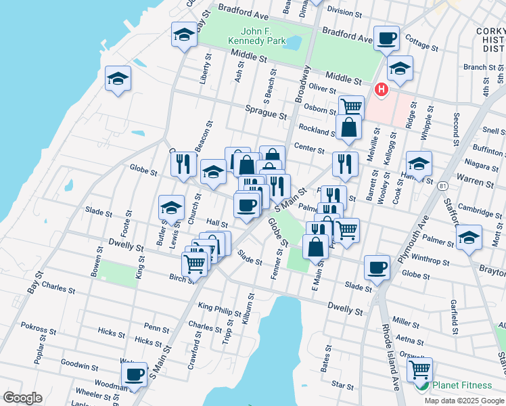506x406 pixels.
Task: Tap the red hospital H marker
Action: click(x=382, y=89)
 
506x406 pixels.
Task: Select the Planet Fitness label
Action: click(x=462, y=385)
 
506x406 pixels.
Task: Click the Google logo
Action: click(x=22, y=398)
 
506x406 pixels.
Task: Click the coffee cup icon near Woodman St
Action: click(x=134, y=374)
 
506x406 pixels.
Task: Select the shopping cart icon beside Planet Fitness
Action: click(x=419, y=369)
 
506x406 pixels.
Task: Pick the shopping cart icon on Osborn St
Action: click(x=351, y=106)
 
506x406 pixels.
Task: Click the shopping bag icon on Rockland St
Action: click(x=348, y=127)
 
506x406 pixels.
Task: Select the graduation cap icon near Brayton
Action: click(x=469, y=237)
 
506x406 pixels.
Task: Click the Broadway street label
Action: click(x=302, y=84)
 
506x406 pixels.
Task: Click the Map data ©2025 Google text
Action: click(x=463, y=401)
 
